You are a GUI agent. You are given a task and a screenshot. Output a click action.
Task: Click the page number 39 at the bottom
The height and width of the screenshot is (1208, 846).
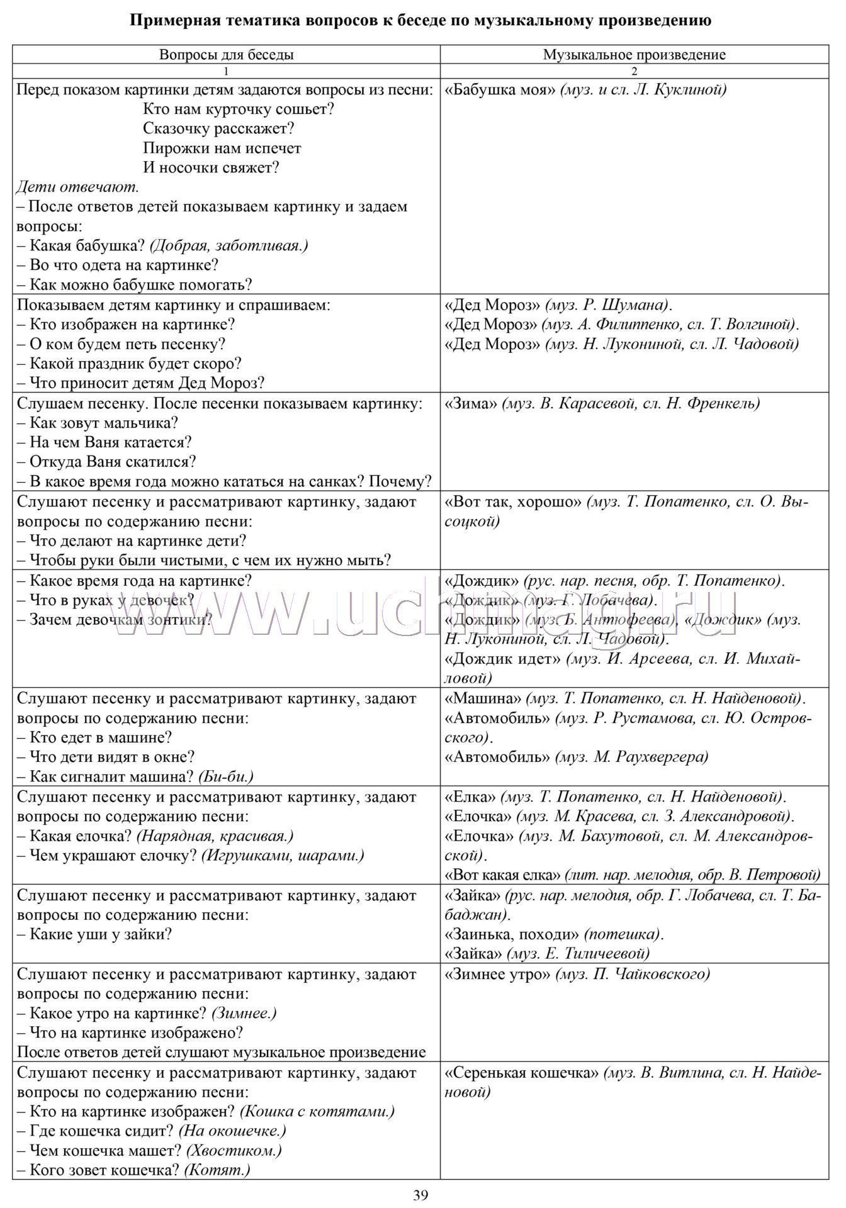(x=420, y=1195)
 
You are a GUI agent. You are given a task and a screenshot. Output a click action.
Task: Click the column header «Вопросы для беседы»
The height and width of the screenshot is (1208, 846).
(x=226, y=55)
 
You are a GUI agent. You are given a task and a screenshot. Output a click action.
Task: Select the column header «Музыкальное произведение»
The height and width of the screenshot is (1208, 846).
(x=634, y=55)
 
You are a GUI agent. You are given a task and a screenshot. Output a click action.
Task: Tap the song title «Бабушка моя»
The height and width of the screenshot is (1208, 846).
(x=500, y=89)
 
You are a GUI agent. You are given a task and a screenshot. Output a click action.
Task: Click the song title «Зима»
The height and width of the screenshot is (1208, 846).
(x=471, y=403)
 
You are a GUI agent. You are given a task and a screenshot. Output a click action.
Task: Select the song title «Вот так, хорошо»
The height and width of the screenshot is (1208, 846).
(x=513, y=501)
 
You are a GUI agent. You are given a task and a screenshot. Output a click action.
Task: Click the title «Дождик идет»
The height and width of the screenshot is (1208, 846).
(x=502, y=659)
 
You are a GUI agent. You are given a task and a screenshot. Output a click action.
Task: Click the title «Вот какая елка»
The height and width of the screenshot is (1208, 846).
(x=502, y=875)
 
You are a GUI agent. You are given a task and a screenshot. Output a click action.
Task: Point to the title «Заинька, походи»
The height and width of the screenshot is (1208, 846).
(x=511, y=934)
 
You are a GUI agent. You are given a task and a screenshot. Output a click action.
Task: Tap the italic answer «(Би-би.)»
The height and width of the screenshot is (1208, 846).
(x=226, y=776)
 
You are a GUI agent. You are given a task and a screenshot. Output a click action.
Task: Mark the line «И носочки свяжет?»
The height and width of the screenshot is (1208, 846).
(x=211, y=167)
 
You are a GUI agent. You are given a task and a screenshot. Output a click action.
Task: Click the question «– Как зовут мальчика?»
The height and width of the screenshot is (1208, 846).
(x=98, y=423)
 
